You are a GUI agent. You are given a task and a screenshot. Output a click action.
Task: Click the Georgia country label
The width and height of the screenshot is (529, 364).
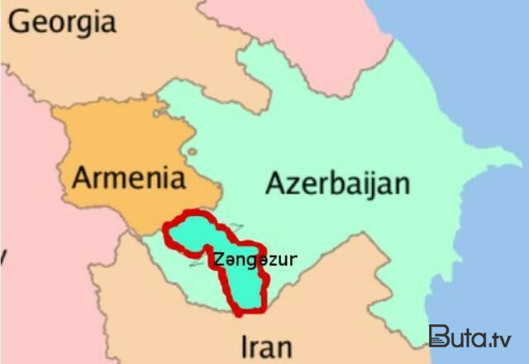point(62,23)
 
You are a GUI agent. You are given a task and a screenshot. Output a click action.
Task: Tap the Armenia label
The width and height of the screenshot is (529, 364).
point(127,178)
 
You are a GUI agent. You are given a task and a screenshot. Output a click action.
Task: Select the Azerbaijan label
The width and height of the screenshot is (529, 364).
point(337,183)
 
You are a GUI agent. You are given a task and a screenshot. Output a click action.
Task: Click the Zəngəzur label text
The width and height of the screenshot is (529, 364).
point(255,259)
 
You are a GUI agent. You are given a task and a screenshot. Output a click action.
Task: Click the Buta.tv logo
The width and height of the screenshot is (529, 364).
point(469,337)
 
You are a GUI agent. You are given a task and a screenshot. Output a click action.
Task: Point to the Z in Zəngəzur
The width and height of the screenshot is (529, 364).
point(217,259)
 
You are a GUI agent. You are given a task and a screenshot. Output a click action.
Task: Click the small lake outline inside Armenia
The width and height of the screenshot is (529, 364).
point(192,152)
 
